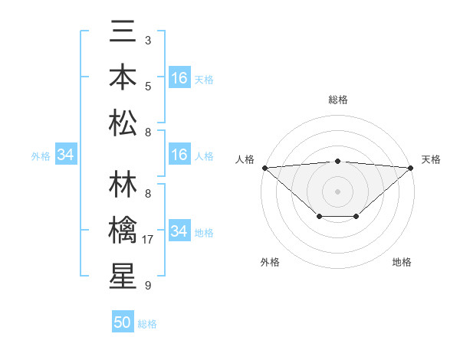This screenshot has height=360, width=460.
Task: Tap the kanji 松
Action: click(123, 122)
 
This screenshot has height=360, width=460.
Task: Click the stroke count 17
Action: click(149, 240)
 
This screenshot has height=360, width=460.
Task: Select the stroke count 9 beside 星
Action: click(147, 286)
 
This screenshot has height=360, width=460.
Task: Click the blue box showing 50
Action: click(123, 322)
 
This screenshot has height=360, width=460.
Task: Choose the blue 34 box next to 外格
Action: click(65, 155)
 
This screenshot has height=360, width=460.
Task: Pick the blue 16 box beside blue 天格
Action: click(179, 78)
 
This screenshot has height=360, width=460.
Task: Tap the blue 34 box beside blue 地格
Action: click(179, 231)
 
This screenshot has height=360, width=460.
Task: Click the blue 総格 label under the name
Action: click(147, 324)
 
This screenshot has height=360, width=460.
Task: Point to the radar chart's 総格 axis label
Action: click(337, 100)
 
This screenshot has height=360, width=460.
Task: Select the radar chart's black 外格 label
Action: click(270, 262)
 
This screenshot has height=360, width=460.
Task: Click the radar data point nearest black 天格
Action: click(411, 168)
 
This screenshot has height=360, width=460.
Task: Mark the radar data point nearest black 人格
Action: click(264, 168)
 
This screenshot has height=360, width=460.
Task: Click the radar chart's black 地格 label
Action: click(402, 262)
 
